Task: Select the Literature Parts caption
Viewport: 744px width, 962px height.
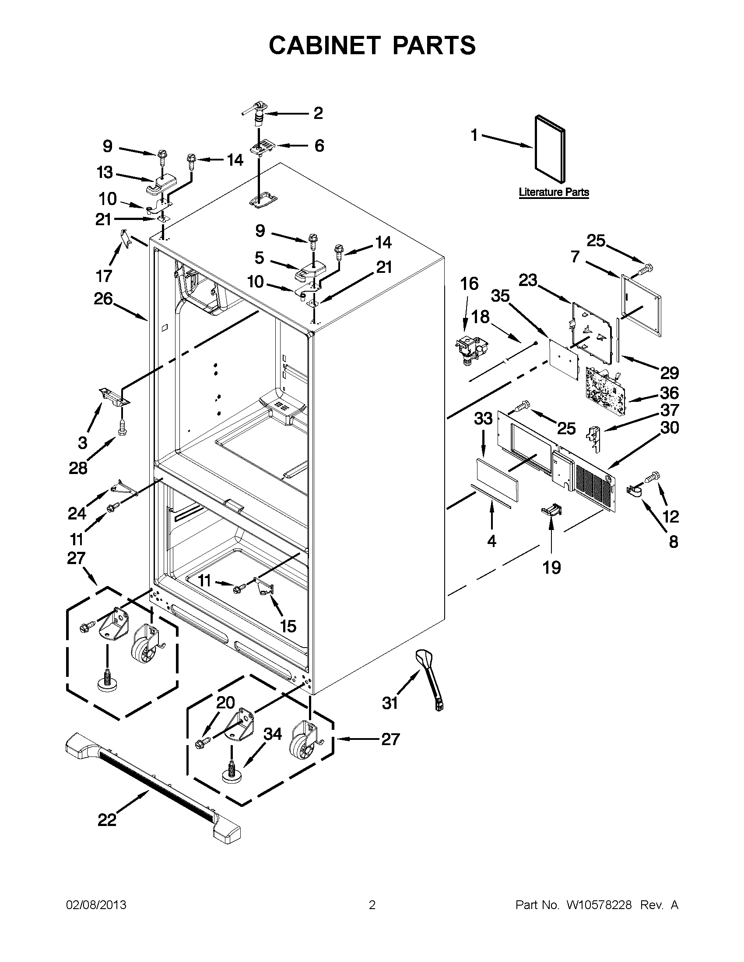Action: pos(554,192)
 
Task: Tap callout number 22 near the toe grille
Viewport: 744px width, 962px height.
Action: pos(107,820)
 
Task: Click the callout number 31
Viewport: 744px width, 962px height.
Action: pos(390,704)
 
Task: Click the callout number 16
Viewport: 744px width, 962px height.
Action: pos(470,284)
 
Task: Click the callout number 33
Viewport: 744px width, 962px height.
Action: pos(483,418)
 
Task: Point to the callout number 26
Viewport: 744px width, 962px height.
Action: pos(103,299)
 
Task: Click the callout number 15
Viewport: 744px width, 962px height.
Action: pos(288,625)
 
